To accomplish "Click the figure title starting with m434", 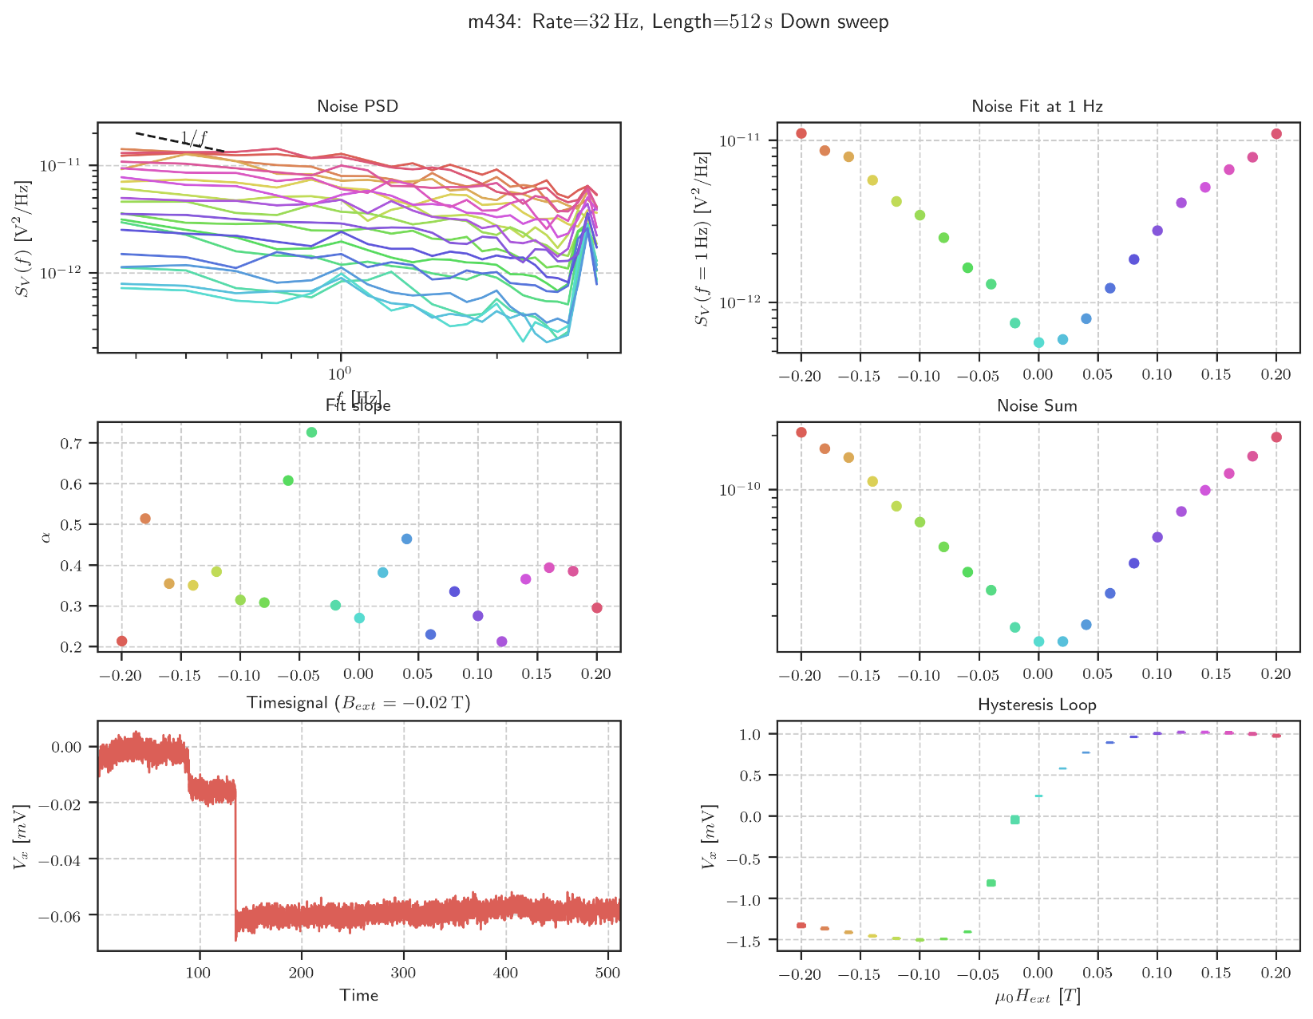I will point(678,22).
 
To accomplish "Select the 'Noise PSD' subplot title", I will point(358,106).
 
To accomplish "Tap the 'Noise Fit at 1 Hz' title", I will point(1037,106).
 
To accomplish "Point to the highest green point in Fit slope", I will point(311,432).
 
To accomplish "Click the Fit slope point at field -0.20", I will point(121,641).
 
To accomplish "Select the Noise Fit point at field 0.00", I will point(1038,342).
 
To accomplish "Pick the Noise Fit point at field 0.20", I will point(1276,134).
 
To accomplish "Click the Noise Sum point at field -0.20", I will point(801,432).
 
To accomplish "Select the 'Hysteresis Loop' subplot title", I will point(1037,705).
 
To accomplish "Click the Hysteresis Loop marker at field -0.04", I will point(991,883).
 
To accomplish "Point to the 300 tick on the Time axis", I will point(403,972).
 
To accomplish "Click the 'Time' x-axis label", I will point(358,995).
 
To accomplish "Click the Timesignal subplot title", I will point(358,703).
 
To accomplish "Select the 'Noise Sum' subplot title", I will point(1037,405).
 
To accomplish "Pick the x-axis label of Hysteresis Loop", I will point(1037,996).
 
